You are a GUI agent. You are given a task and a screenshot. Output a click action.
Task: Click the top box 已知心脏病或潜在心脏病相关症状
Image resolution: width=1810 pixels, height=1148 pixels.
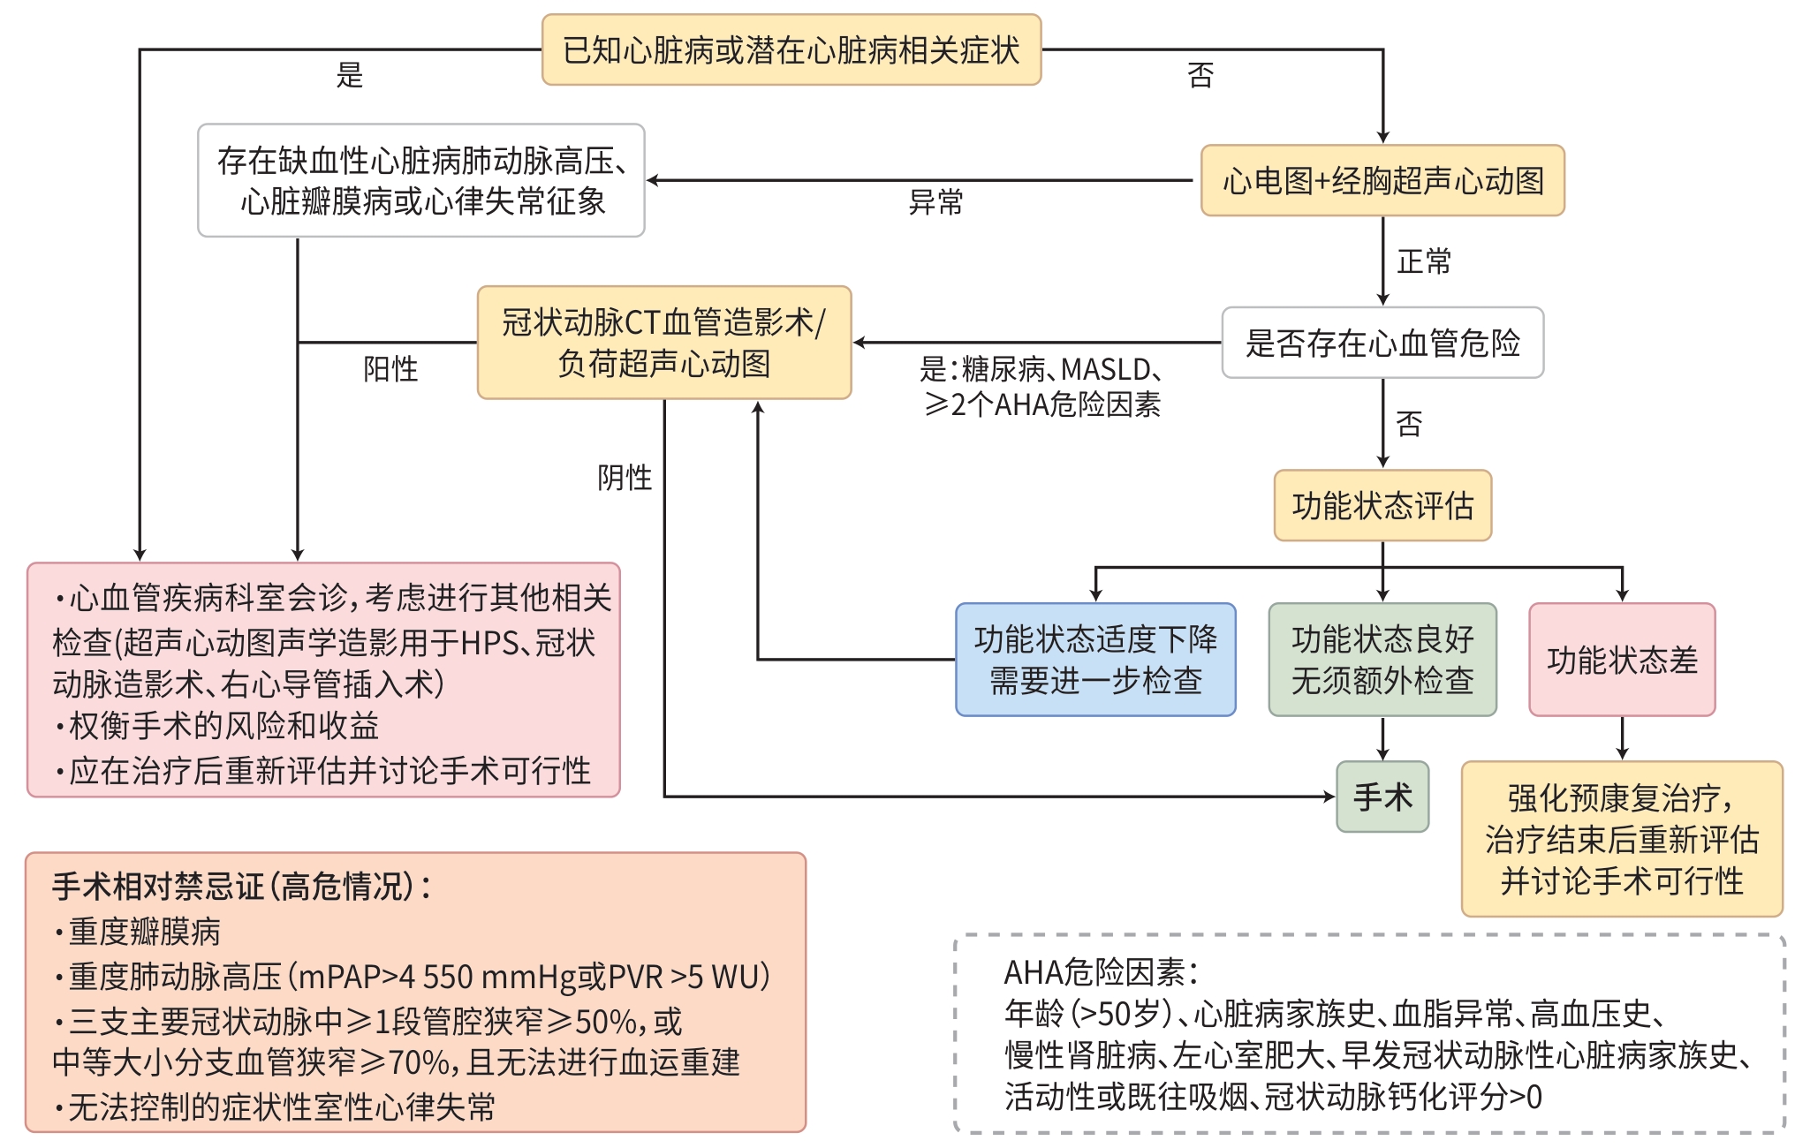tap(791, 50)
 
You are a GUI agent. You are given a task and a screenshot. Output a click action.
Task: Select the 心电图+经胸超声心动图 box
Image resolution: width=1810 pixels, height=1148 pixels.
tap(1382, 181)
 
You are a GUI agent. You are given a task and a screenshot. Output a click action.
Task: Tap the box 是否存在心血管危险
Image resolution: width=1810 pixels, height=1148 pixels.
tap(1382, 343)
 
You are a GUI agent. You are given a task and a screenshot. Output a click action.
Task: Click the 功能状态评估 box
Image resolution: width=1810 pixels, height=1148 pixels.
tap(1382, 506)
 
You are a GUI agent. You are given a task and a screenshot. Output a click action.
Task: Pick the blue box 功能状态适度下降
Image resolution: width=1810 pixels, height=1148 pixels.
tap(1095, 660)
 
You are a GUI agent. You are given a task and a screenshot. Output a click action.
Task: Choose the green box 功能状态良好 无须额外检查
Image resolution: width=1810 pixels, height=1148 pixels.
tap(1382, 660)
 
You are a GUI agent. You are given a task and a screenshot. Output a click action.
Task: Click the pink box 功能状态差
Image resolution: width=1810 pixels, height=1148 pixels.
tap(1622, 660)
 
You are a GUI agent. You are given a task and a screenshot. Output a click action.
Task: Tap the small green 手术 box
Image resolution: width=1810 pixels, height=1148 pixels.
tap(1382, 797)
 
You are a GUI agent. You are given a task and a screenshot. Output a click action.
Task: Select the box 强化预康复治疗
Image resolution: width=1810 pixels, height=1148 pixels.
tap(1622, 839)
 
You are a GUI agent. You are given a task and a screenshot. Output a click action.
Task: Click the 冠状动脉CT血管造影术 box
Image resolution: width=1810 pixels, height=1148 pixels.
tap(664, 343)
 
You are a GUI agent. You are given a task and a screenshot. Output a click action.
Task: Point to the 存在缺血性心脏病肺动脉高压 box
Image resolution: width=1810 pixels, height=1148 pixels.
tap(421, 181)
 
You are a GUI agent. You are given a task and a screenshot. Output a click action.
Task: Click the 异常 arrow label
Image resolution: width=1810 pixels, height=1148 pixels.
tap(935, 203)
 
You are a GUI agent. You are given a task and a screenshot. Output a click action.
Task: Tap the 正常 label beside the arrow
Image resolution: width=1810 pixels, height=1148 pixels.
tap(1424, 262)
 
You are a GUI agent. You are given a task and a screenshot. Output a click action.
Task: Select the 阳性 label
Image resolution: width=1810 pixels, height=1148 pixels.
tap(390, 369)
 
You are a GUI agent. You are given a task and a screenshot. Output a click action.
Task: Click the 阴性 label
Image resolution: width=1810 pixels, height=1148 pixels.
tap(625, 478)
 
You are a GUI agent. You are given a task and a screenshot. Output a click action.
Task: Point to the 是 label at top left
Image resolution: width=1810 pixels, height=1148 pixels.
tap(350, 76)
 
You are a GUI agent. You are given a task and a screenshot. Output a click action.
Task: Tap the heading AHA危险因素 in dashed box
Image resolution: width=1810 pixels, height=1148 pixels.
tap(1101, 973)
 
